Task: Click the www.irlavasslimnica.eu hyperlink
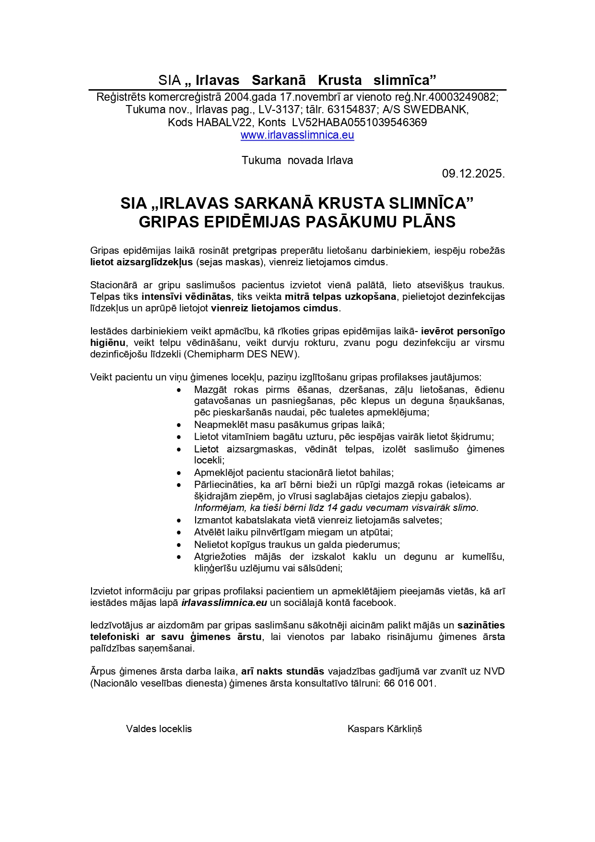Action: point(297,135)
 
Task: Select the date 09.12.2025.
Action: point(473,174)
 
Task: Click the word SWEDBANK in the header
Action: point(439,110)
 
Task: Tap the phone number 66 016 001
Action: point(409,683)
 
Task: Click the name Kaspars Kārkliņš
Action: point(385,729)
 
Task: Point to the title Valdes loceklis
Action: point(159,729)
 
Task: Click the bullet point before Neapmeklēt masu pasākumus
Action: point(179,425)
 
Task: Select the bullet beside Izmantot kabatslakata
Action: point(179,521)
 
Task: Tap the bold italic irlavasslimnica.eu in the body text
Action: point(224,603)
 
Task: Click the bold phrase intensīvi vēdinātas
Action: point(186,297)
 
